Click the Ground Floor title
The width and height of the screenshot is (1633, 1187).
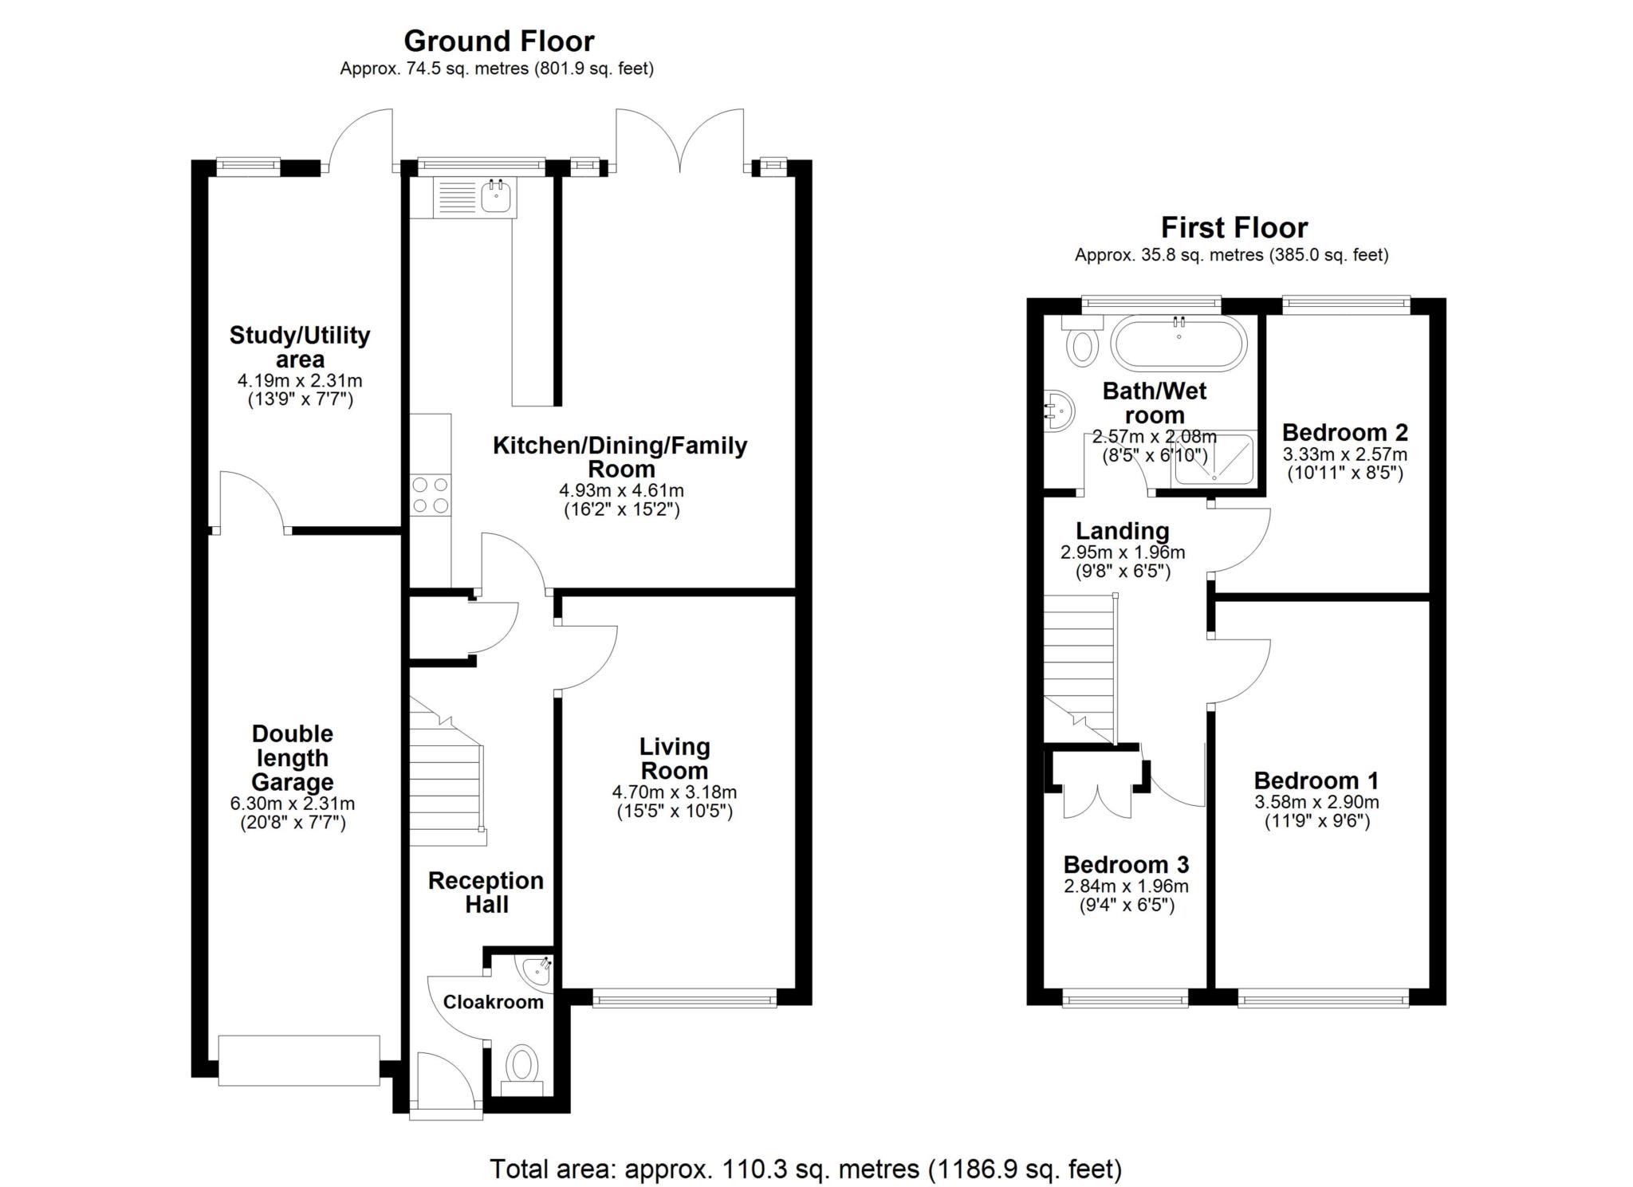coord(498,41)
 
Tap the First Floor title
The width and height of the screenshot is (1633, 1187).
coord(1234,228)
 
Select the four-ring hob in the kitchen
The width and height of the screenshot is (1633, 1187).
coord(430,494)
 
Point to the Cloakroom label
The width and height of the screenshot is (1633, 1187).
coord(493,1002)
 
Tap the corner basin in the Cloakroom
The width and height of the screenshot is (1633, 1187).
coord(537,970)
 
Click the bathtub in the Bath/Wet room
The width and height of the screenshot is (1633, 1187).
coord(1179,344)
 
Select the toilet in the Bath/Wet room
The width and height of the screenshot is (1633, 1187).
coord(1081,341)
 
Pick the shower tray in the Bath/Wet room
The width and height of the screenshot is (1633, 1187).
coord(1213,458)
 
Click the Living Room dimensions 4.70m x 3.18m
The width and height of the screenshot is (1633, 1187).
coord(674,792)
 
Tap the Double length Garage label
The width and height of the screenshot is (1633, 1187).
coord(292,757)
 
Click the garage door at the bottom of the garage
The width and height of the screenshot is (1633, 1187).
coord(298,1059)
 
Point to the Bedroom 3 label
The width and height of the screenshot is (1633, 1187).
coord(1126,864)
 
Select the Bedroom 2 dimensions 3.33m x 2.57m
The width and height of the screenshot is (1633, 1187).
coord(1344,455)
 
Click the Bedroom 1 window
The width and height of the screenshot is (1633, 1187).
coord(1322,998)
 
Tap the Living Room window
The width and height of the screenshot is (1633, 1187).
coord(684,998)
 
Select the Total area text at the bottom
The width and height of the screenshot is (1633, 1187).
coord(805,1169)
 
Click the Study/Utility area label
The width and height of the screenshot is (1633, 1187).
coord(300,347)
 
